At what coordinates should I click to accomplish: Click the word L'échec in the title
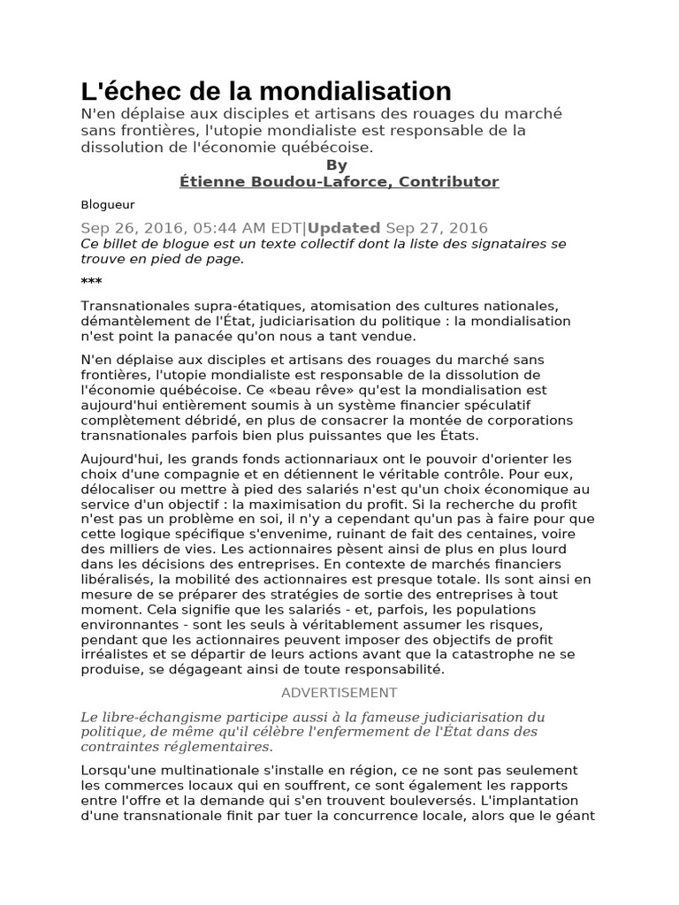pos(122,90)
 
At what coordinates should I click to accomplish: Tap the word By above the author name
pos(337,165)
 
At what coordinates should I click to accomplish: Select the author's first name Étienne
pos(209,182)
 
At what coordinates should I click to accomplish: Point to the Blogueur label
pos(102,204)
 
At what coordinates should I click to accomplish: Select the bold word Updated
pos(344,227)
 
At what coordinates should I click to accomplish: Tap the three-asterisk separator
pos(91,282)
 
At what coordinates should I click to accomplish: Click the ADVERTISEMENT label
pos(339,693)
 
